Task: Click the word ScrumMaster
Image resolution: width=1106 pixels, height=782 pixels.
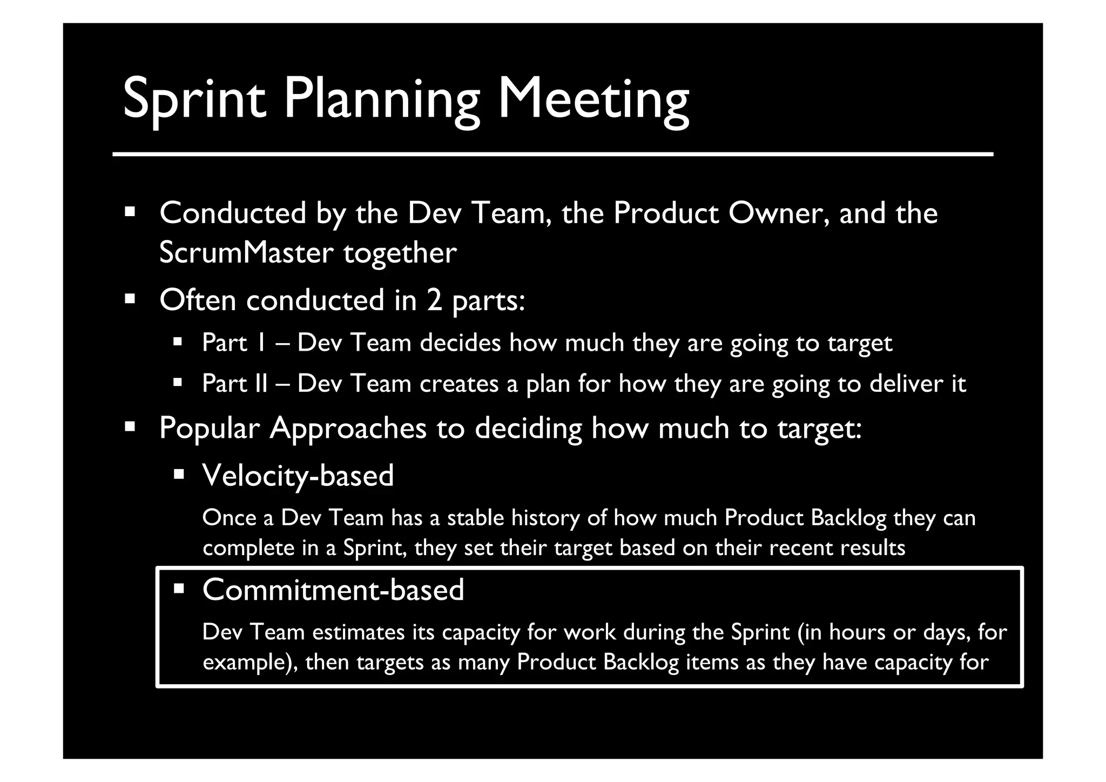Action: (x=245, y=252)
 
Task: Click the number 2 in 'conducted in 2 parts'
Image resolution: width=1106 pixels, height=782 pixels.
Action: (x=434, y=300)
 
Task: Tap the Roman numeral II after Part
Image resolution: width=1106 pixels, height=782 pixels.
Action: (x=260, y=383)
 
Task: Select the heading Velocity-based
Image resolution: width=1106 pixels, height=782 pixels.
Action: (x=298, y=476)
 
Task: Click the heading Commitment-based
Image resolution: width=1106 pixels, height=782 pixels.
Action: (x=333, y=589)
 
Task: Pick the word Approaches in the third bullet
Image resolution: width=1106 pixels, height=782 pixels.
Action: (x=348, y=428)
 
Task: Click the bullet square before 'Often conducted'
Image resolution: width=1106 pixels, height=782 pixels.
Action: (x=130, y=298)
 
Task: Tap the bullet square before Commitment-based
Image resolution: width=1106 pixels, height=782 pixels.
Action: (x=179, y=587)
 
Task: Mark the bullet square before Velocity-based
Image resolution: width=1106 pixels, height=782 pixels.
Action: (x=179, y=474)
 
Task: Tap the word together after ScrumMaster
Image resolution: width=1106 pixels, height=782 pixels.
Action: (x=400, y=252)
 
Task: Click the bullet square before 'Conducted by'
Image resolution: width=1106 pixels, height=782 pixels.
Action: (x=130, y=211)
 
